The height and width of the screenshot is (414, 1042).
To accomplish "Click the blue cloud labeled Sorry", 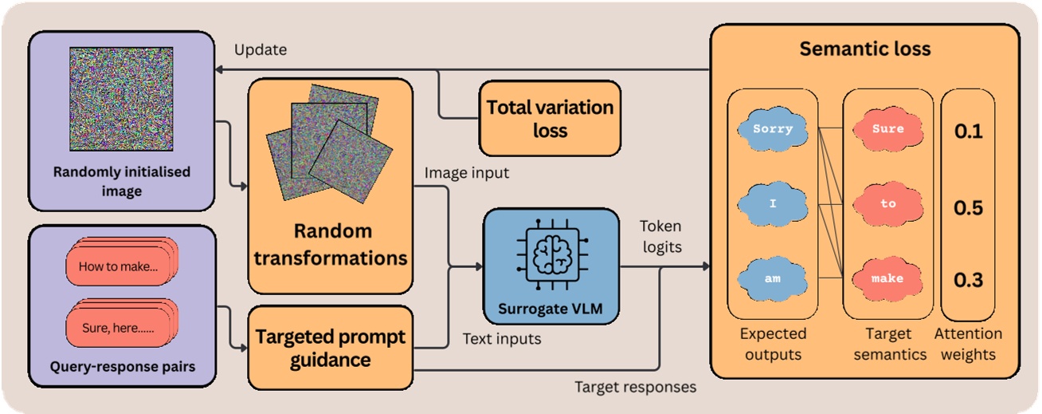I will (x=772, y=129).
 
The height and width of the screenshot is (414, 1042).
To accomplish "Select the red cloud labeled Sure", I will (x=887, y=129).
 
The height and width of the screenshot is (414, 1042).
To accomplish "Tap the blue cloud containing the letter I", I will (x=772, y=204).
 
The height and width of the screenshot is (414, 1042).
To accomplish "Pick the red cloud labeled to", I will (x=887, y=204).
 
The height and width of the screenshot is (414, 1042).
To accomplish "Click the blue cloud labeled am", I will (x=772, y=279).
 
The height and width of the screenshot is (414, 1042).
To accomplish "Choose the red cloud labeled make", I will (x=887, y=279).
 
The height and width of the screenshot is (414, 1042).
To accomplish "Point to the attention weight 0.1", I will (x=968, y=131).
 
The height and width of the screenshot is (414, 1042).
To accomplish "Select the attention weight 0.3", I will (x=968, y=279).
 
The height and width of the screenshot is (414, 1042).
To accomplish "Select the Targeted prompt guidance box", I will (x=330, y=348).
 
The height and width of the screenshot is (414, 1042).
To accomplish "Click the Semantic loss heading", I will (x=864, y=49).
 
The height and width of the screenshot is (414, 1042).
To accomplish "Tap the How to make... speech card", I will (x=118, y=267).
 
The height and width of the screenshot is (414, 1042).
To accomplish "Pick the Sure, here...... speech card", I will (x=118, y=328).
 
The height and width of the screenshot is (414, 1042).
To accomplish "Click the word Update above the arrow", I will (x=260, y=49).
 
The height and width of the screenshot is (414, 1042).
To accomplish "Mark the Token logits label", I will (x=661, y=237).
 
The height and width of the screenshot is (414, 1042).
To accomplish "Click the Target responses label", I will (x=635, y=387).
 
